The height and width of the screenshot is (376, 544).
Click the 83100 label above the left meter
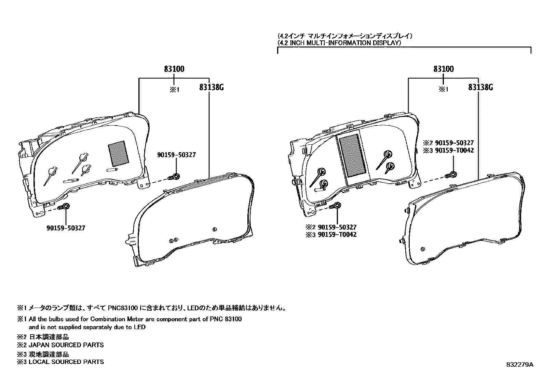pyautogui.click(x=174, y=69)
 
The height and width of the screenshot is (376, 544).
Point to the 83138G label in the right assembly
pyautogui.click(x=480, y=88)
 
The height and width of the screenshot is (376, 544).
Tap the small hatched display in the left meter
pyautogui.click(x=118, y=153)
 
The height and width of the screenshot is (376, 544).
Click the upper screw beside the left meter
pyautogui.click(x=175, y=177)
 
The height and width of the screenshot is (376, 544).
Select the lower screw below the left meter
pyautogui.click(x=65, y=206)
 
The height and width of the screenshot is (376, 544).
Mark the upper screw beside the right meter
pyautogui.click(x=452, y=175)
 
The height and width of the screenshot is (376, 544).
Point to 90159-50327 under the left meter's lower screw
pyautogui.click(x=65, y=228)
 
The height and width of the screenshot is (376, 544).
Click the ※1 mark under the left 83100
pyautogui.click(x=174, y=90)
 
